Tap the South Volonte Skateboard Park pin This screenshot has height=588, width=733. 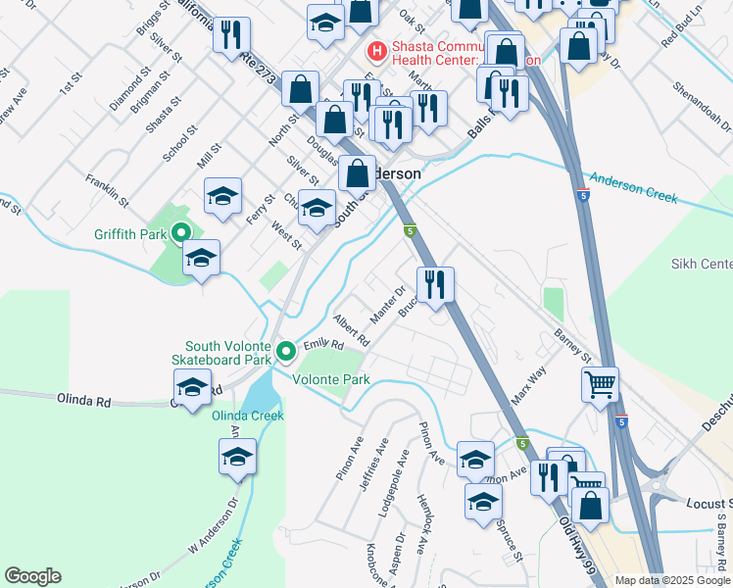285,350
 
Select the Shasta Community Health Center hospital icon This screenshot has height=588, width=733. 374,50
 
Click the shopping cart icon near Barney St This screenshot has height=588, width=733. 600,383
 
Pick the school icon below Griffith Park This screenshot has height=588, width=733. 201,258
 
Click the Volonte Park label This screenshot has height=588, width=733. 334,379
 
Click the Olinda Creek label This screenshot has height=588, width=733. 248,416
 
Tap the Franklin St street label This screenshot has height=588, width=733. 107,188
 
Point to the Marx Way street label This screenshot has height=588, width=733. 528,387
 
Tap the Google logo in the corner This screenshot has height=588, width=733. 32,576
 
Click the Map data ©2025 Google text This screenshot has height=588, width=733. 672,580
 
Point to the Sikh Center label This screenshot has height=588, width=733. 702,265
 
